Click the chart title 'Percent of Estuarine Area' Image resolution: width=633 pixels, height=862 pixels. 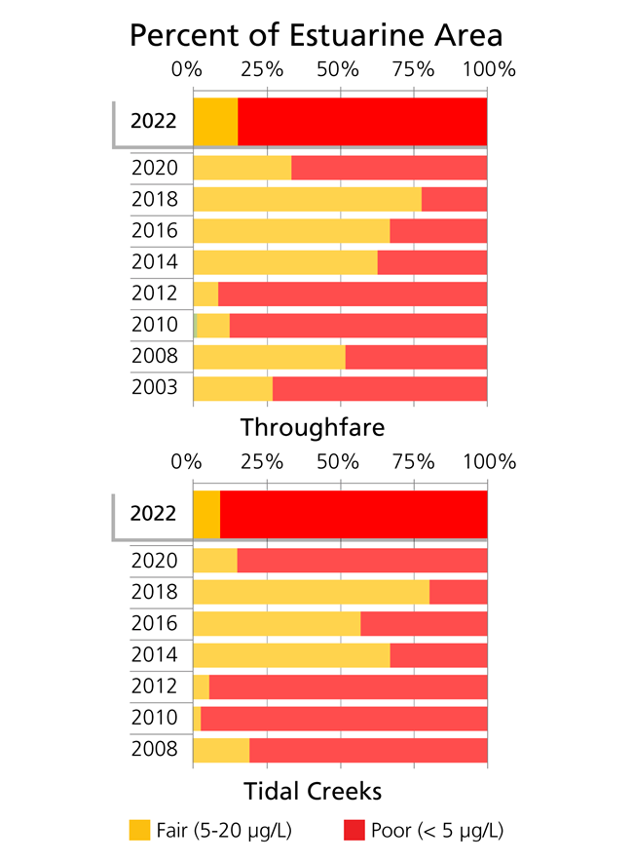tap(316, 35)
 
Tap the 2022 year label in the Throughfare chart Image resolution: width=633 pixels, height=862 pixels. tap(154, 122)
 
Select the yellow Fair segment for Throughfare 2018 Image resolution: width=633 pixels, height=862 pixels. tap(307, 199)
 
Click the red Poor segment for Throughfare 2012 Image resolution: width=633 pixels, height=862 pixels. tap(352, 294)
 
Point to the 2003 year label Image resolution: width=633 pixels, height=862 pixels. tap(154, 387)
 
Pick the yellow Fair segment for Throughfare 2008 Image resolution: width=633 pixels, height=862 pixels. tap(269, 356)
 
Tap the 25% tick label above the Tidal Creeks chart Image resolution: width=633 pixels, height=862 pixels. tap(262, 461)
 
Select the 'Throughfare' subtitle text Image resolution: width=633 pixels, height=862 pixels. tap(313, 427)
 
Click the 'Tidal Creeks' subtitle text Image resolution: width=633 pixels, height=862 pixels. tap(312, 789)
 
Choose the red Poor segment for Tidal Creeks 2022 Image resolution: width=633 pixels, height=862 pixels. tap(353, 514)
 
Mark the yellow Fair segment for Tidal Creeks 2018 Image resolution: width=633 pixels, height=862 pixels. tap(311, 592)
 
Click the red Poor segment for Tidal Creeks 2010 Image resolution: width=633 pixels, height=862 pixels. tap(343, 719)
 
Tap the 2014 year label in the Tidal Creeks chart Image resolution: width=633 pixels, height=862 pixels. tap(154, 655)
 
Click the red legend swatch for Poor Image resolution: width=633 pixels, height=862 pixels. tap(355, 831)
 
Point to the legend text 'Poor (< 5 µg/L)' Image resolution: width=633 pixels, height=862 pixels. tap(437, 831)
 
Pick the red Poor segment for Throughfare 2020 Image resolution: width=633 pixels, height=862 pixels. tap(389, 168)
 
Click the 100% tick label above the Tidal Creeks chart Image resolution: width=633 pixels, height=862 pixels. tap(488, 461)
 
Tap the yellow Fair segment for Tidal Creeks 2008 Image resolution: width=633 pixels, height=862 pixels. tap(221, 750)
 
